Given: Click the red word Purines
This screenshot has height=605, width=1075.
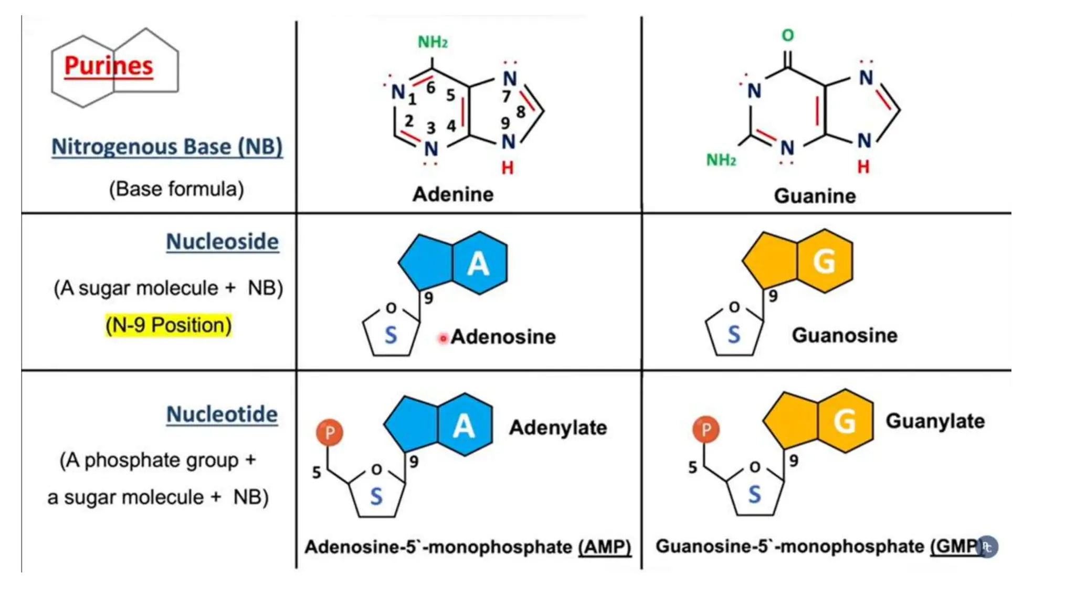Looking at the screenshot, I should coord(109,66).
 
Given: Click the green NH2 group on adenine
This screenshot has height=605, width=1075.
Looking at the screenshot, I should coord(433,42).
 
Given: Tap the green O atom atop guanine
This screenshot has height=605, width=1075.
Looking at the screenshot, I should coord(787,36).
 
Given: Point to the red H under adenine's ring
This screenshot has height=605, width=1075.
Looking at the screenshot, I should coord(507,168).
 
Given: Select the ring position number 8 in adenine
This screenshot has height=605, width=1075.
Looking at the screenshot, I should coord(520,112).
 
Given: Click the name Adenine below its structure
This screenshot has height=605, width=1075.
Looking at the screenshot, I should coord(453,194).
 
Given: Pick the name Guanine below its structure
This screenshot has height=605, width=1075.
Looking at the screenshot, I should coord(815,196).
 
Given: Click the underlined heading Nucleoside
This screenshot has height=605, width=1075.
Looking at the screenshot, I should coord(222,242).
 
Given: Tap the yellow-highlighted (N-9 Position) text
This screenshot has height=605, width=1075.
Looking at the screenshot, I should coord(168,325).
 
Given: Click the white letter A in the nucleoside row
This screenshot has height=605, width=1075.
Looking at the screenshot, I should coord(478,264).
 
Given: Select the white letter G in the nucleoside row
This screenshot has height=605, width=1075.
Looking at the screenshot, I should coord(824,261).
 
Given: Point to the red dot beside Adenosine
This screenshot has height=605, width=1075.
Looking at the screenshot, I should coord(443,339).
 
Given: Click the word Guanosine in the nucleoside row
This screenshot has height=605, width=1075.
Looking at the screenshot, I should coord(845,335).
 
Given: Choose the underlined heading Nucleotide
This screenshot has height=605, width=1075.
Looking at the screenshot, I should coord(222,414).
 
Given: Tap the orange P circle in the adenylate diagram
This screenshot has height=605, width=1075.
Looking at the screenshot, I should coord(330,433).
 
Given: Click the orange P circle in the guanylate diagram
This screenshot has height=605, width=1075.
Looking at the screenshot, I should coord(706,430).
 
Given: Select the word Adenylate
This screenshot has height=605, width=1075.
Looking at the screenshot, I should coord(558,427).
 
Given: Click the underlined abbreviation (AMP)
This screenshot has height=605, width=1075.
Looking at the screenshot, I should coord(605,547).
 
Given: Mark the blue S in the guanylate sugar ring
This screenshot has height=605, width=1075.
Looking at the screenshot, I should coord(754,495).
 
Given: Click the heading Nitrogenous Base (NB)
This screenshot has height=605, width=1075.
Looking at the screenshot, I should coord(167,147).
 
